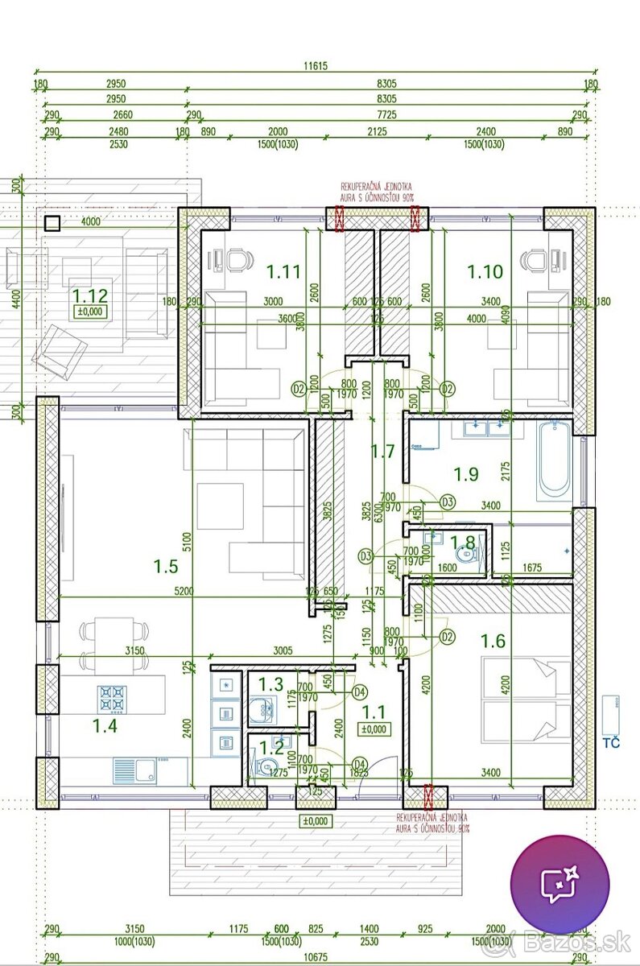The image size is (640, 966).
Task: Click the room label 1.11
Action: (284, 272)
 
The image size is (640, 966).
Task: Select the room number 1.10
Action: (485, 272)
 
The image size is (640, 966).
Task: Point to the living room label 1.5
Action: (165, 566)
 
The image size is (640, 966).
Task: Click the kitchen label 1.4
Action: (105, 727)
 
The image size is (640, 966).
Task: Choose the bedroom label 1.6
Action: (493, 641)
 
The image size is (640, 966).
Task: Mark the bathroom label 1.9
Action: (466, 474)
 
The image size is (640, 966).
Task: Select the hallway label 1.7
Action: (382, 452)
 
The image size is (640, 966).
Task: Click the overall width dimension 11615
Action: (315, 68)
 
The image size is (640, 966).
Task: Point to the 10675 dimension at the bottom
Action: (315, 957)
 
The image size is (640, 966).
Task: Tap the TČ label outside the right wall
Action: (612, 743)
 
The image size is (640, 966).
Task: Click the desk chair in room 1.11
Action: (239, 259)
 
